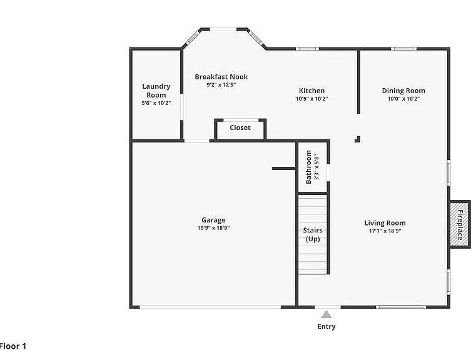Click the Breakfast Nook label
221,77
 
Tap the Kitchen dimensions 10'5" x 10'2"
311,99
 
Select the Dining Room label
403,91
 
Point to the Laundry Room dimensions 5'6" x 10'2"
156,103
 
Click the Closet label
240,127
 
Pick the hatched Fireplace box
459,224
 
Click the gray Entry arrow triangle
327,314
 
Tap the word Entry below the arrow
327,326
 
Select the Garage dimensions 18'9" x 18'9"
213,228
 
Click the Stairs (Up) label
313,234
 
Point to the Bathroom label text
308,167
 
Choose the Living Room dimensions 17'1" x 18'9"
385,231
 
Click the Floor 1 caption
13,346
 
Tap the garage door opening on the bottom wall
210,307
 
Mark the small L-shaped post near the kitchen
357,139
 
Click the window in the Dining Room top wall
403,49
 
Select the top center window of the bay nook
223,29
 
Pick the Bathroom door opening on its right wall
328,172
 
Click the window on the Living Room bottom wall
401,307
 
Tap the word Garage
213,220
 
